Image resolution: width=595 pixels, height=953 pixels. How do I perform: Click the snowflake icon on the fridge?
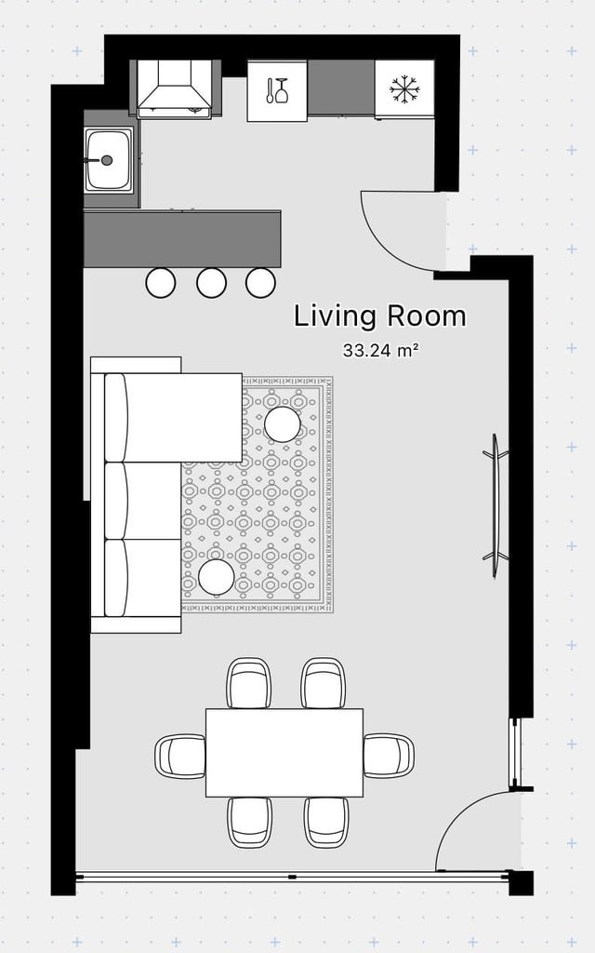click(x=404, y=89)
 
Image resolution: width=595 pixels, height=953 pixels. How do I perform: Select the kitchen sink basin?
click(x=108, y=160)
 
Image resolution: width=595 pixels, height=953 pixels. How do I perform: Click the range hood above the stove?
click(x=175, y=88)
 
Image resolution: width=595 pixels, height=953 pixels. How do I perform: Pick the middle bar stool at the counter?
click(x=211, y=283)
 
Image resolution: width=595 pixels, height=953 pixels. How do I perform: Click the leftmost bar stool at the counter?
click(x=161, y=283)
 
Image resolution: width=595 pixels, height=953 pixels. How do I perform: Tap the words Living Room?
click(x=380, y=316)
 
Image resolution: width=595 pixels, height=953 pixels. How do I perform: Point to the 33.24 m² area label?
click(x=381, y=350)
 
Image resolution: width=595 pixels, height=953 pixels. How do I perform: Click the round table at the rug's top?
click(x=283, y=424)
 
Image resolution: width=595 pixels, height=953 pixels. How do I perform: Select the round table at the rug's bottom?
click(x=216, y=577)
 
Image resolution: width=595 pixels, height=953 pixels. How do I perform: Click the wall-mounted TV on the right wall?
click(x=496, y=505)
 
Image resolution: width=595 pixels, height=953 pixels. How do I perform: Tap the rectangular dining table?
click(x=284, y=752)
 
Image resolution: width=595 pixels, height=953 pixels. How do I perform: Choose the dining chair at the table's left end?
click(x=180, y=757)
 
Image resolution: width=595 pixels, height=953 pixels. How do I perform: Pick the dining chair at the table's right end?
click(x=389, y=756)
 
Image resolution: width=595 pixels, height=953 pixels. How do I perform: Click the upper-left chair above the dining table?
click(x=249, y=683)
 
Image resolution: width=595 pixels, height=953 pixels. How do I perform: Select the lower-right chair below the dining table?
click(x=326, y=822)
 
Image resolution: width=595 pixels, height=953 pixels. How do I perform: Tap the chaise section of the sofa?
click(x=174, y=417)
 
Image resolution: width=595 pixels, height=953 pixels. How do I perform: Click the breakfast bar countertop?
click(x=182, y=239)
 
